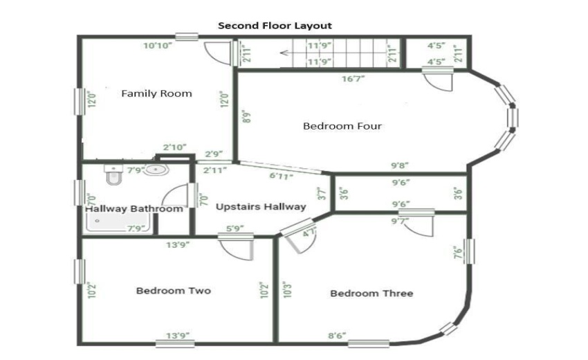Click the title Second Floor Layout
click(275, 26)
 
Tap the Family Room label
click(156, 93)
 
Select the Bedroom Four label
click(342, 126)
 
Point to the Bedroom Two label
click(173, 291)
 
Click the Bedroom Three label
click(371, 294)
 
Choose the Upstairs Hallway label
click(261, 206)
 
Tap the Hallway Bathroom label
click(134, 208)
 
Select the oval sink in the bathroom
click(157, 170)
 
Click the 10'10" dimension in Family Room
click(158, 46)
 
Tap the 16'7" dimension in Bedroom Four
click(353, 79)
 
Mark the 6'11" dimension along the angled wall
click(282, 177)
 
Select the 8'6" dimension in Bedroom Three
click(337, 336)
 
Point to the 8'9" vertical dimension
click(246, 116)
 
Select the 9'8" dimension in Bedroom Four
click(400, 165)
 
